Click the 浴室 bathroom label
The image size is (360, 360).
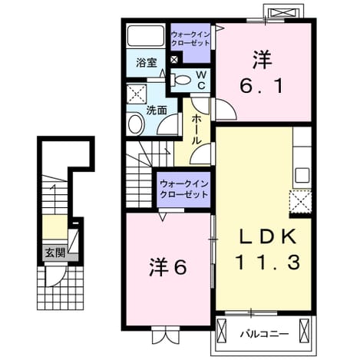(147, 63)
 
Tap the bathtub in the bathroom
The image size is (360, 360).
(146, 36)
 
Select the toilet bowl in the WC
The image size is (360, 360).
(182, 80)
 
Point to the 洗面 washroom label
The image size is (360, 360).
(157, 111)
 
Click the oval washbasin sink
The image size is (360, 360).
(136, 124)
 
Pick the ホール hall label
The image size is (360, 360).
(197, 129)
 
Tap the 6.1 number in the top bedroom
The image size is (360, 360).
(261, 86)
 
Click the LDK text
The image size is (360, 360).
(268, 236)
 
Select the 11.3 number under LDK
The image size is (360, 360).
(268, 262)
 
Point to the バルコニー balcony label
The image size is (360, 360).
(264, 334)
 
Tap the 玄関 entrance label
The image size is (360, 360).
(55, 253)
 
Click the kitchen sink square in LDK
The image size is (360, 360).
(302, 176)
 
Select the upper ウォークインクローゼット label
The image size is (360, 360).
(190, 38)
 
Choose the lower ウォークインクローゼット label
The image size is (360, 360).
(183, 190)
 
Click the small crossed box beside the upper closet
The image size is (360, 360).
(173, 60)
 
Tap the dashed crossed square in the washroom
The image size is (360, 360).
(136, 94)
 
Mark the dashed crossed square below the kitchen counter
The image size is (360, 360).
(300, 202)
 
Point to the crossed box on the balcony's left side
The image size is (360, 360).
(222, 329)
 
